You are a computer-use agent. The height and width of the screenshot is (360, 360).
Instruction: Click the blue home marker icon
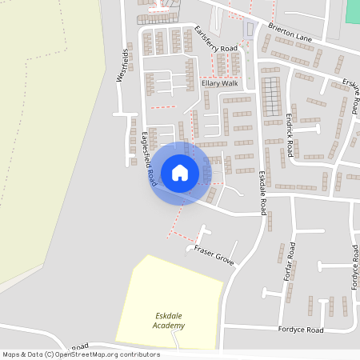point(180,173)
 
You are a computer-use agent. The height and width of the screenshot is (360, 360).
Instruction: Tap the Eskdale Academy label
point(170,321)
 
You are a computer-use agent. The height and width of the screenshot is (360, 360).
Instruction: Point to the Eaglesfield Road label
point(148,159)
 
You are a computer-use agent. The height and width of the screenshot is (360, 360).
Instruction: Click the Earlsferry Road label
point(216,39)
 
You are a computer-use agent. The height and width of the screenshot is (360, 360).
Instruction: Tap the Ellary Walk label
point(219,83)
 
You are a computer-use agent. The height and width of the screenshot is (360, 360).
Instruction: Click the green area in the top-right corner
point(353,11)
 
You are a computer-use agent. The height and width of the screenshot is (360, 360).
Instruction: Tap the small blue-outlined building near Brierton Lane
point(248,30)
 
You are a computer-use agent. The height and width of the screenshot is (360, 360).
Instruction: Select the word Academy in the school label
point(170,326)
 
